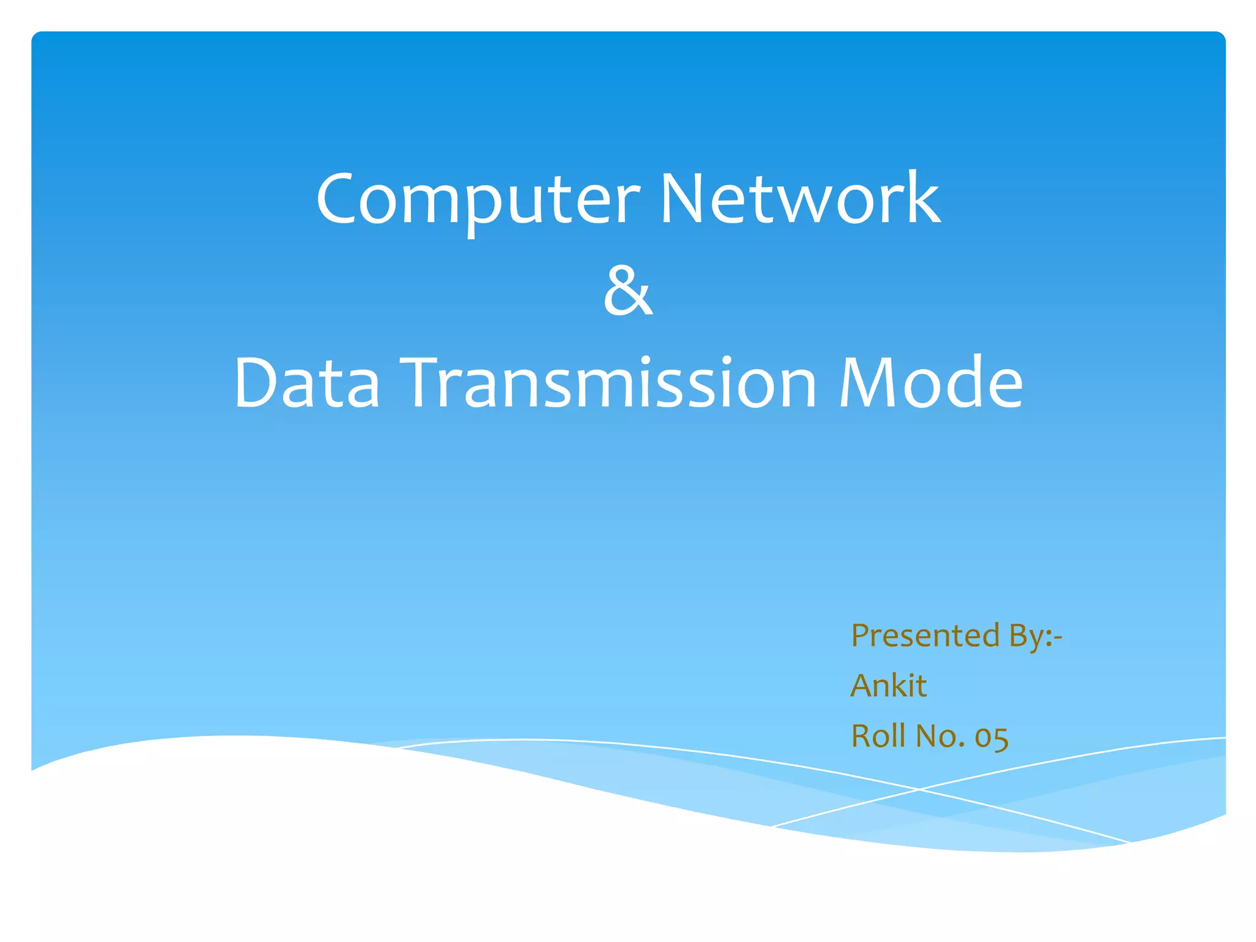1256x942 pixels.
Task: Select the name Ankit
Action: [x=888, y=685]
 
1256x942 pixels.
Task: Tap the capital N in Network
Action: [x=681, y=198]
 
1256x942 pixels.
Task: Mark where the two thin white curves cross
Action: [x=919, y=789]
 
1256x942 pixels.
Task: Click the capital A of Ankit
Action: [x=861, y=685]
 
